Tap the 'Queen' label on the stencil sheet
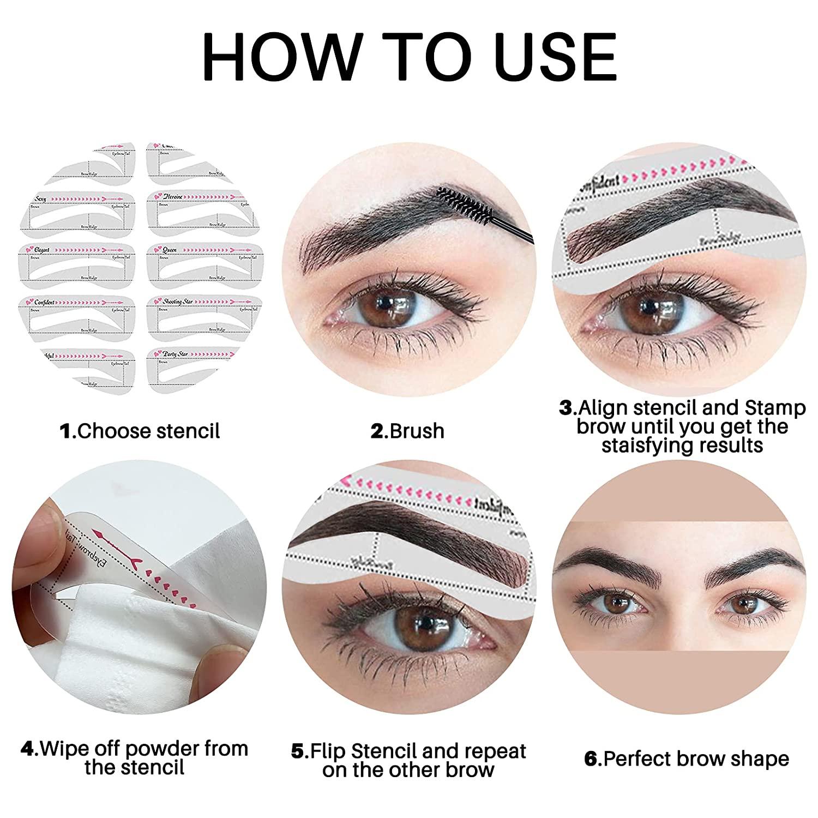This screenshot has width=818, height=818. click(170, 250)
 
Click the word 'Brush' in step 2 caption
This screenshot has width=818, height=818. click(417, 431)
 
